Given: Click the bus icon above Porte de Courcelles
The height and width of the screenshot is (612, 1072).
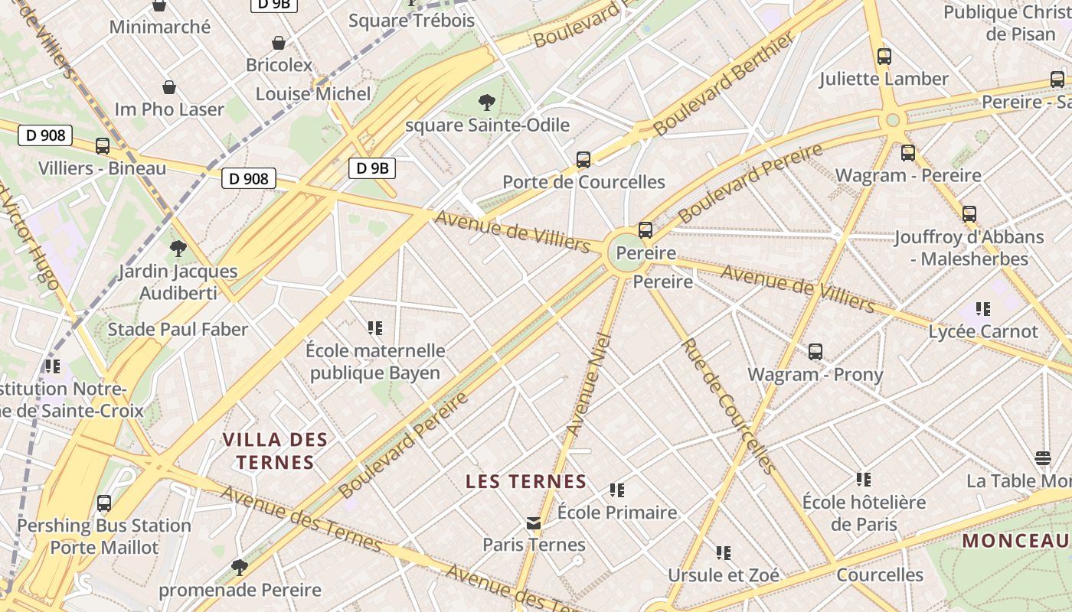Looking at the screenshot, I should point(583,160).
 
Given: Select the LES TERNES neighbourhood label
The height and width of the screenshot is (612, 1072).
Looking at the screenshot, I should point(526,482).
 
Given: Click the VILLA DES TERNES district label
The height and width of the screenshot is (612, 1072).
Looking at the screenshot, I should point(275,451).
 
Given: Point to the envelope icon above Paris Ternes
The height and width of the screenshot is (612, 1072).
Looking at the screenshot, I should point(534,523).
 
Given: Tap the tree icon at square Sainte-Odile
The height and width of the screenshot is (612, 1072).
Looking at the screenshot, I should point(486,103).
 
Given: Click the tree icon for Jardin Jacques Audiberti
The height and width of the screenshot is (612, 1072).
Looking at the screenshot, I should point(178,249).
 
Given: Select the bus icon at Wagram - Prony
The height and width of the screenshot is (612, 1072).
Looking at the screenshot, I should point(815,352).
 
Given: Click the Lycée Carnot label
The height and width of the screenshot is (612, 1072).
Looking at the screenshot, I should point(983,332).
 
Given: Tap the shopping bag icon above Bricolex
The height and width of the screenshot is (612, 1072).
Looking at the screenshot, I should point(279,43).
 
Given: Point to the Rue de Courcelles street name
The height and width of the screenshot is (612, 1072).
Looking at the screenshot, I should point(727,405).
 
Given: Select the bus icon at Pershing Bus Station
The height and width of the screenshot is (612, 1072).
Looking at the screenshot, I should point(104,503).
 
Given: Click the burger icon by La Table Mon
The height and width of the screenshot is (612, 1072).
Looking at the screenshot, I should point(1043,458).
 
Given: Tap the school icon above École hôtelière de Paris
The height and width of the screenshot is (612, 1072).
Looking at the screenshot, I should point(864,480).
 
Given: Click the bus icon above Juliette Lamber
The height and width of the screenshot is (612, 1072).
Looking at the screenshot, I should point(884,57).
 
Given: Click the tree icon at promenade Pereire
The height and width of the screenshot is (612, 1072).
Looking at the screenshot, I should point(240,567).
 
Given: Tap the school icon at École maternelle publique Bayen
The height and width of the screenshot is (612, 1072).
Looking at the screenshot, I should point(375,328).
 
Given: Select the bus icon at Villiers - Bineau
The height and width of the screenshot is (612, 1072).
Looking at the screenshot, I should point(103,146).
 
